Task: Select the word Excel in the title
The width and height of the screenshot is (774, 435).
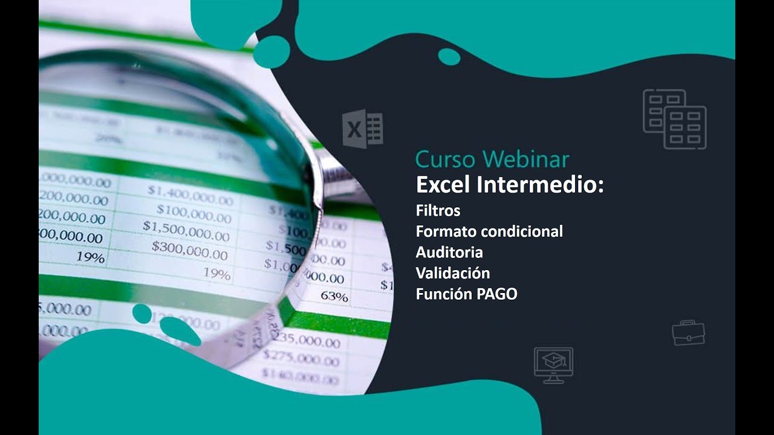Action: [443, 184]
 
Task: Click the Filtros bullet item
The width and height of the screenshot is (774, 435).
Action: [438, 211]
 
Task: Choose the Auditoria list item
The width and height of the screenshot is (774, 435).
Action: [449, 253]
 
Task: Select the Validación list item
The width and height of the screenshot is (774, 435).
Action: [452, 273]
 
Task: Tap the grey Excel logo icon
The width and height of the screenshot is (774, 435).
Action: [362, 129]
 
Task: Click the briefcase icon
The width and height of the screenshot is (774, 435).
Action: [688, 333]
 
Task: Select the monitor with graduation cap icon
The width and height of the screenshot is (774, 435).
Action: [553, 364]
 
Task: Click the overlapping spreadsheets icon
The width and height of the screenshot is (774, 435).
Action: [674, 119]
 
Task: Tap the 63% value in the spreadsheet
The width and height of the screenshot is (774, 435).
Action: [334, 297]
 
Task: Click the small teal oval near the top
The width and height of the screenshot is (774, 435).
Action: [449, 57]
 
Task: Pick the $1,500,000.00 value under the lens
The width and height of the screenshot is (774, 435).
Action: [186, 230]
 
